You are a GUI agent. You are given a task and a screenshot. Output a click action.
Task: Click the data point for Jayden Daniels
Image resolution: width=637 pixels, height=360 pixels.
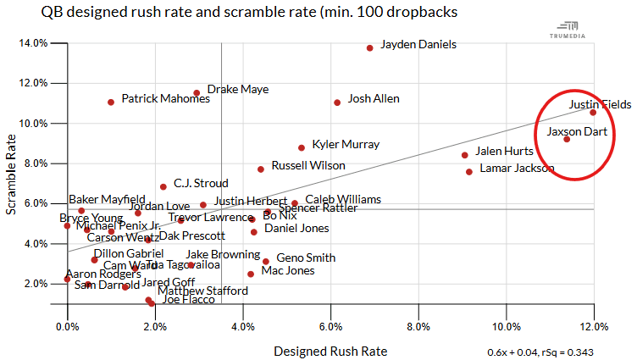[x=369, y=47]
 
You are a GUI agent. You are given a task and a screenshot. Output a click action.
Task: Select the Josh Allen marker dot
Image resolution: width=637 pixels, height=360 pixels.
[x=337, y=102]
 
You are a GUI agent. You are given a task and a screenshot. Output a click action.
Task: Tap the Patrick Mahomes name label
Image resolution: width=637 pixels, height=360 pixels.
[x=160, y=99]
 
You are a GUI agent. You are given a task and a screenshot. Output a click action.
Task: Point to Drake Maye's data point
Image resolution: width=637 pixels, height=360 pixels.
[x=197, y=93]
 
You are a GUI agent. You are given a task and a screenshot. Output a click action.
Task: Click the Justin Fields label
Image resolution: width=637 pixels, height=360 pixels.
[x=600, y=105]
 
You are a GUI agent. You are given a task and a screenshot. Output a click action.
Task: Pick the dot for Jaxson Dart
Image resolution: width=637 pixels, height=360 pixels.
[x=567, y=139]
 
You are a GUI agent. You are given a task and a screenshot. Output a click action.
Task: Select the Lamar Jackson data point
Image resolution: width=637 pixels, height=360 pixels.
[x=469, y=172]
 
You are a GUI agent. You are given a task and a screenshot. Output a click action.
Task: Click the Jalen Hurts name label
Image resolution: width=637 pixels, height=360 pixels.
[x=504, y=152]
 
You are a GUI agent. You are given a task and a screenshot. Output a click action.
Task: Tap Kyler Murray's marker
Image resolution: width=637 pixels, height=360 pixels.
[x=302, y=147]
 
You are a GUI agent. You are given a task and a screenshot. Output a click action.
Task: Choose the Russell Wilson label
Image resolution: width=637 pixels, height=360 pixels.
[x=308, y=165]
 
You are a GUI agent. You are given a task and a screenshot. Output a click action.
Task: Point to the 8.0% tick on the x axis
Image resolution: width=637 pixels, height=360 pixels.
[x=418, y=326]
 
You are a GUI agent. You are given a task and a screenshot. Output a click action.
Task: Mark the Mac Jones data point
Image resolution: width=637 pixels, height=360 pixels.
[x=251, y=274]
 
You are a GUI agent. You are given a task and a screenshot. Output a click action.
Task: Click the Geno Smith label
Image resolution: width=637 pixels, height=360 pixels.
[x=306, y=258]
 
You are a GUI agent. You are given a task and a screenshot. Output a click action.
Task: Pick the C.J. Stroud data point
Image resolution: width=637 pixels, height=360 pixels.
[x=163, y=186]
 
